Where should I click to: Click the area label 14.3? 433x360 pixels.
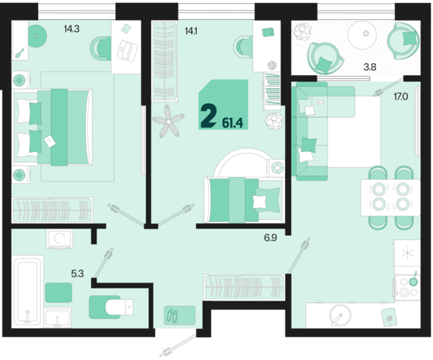[71, 29]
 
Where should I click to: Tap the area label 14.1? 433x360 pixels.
[191, 31]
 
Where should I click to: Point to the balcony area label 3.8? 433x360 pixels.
[370, 67]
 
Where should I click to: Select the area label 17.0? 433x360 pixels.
[401, 96]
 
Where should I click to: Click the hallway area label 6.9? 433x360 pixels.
[270, 238]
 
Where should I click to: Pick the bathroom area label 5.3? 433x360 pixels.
[77, 273]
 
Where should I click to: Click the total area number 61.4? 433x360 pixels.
[232, 123]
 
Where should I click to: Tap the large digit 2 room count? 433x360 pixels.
[208, 116]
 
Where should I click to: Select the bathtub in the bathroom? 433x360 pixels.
[27, 290]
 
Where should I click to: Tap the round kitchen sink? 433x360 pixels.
[340, 315]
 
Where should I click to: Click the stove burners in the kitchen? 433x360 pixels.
[408, 288]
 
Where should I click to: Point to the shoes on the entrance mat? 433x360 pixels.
[172, 315]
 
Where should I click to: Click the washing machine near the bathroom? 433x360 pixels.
[60, 238]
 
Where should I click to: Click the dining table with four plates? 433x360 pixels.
[390, 197]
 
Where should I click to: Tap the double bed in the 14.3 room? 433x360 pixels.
[52, 128]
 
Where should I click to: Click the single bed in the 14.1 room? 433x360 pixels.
[244, 200]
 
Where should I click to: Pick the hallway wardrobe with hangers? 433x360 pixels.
[244, 287]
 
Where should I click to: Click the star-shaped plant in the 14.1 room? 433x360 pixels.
[168, 121]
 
